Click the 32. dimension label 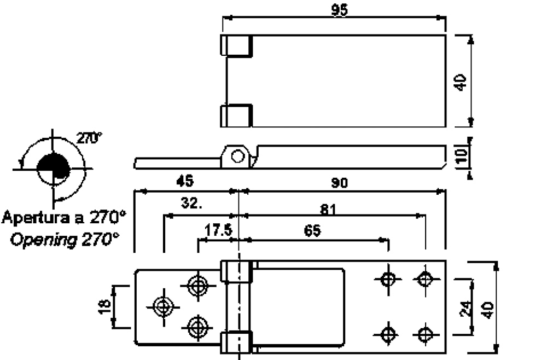192,204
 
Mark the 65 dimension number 310,230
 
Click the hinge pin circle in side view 237,156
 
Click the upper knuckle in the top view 236,45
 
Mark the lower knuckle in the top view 236,115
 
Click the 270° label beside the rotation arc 88,137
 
